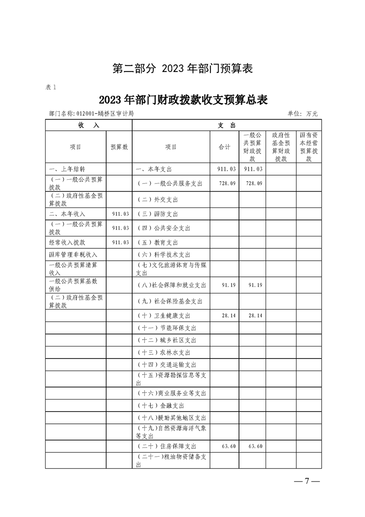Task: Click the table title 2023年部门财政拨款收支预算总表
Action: (183, 100)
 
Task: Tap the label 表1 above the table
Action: (51, 87)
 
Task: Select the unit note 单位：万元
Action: (302, 114)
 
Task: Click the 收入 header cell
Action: (88, 125)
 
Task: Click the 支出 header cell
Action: (226, 125)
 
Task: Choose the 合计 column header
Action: (224, 147)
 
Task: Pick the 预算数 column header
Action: (119, 147)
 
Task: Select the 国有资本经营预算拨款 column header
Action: (308, 147)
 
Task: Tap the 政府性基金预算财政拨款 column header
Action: (281, 147)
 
